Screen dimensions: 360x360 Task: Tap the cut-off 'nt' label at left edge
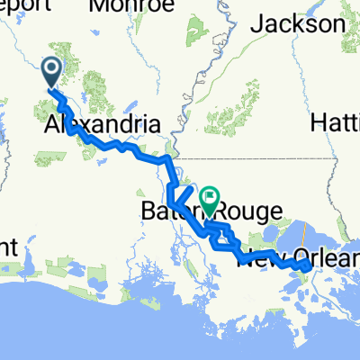[9, 245]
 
